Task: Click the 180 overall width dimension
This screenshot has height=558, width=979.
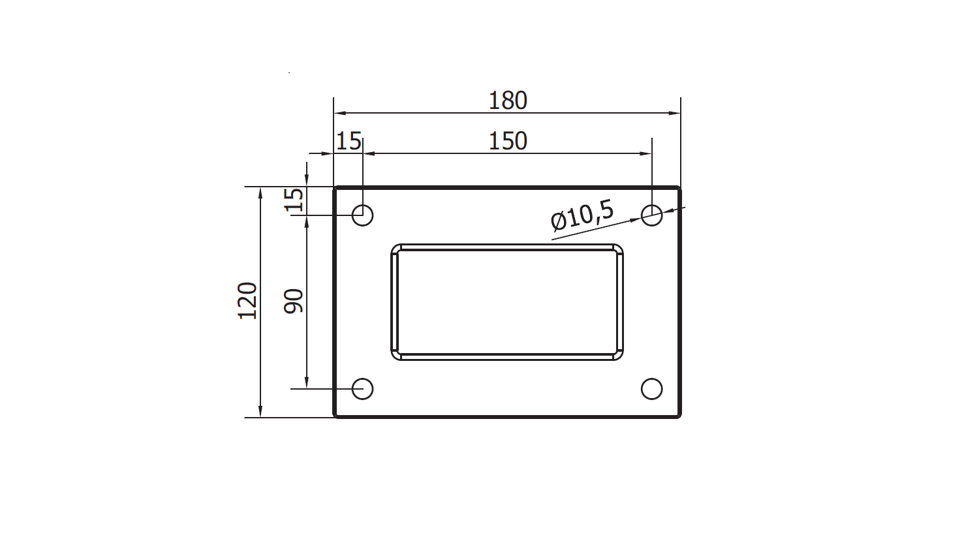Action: click(507, 101)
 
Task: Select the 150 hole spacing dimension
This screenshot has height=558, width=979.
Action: click(507, 142)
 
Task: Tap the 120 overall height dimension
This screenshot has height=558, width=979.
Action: click(247, 301)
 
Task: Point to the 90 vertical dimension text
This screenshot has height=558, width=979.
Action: click(294, 301)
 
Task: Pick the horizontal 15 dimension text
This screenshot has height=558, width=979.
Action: click(349, 142)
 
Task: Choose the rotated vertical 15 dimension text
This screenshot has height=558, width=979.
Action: click(294, 200)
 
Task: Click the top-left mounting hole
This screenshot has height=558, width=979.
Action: click(362, 215)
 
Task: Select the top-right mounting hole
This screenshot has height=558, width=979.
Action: click(651, 215)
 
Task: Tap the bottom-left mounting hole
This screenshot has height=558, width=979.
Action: click(362, 389)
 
